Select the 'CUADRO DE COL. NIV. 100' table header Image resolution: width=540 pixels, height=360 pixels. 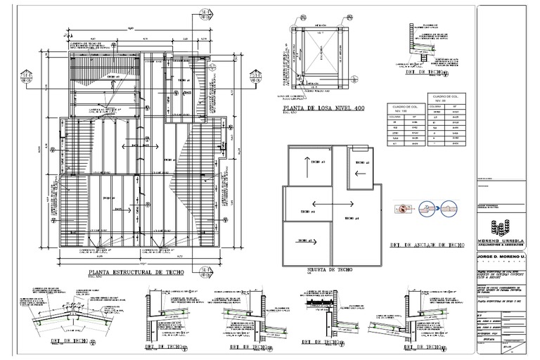pos(398,109)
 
